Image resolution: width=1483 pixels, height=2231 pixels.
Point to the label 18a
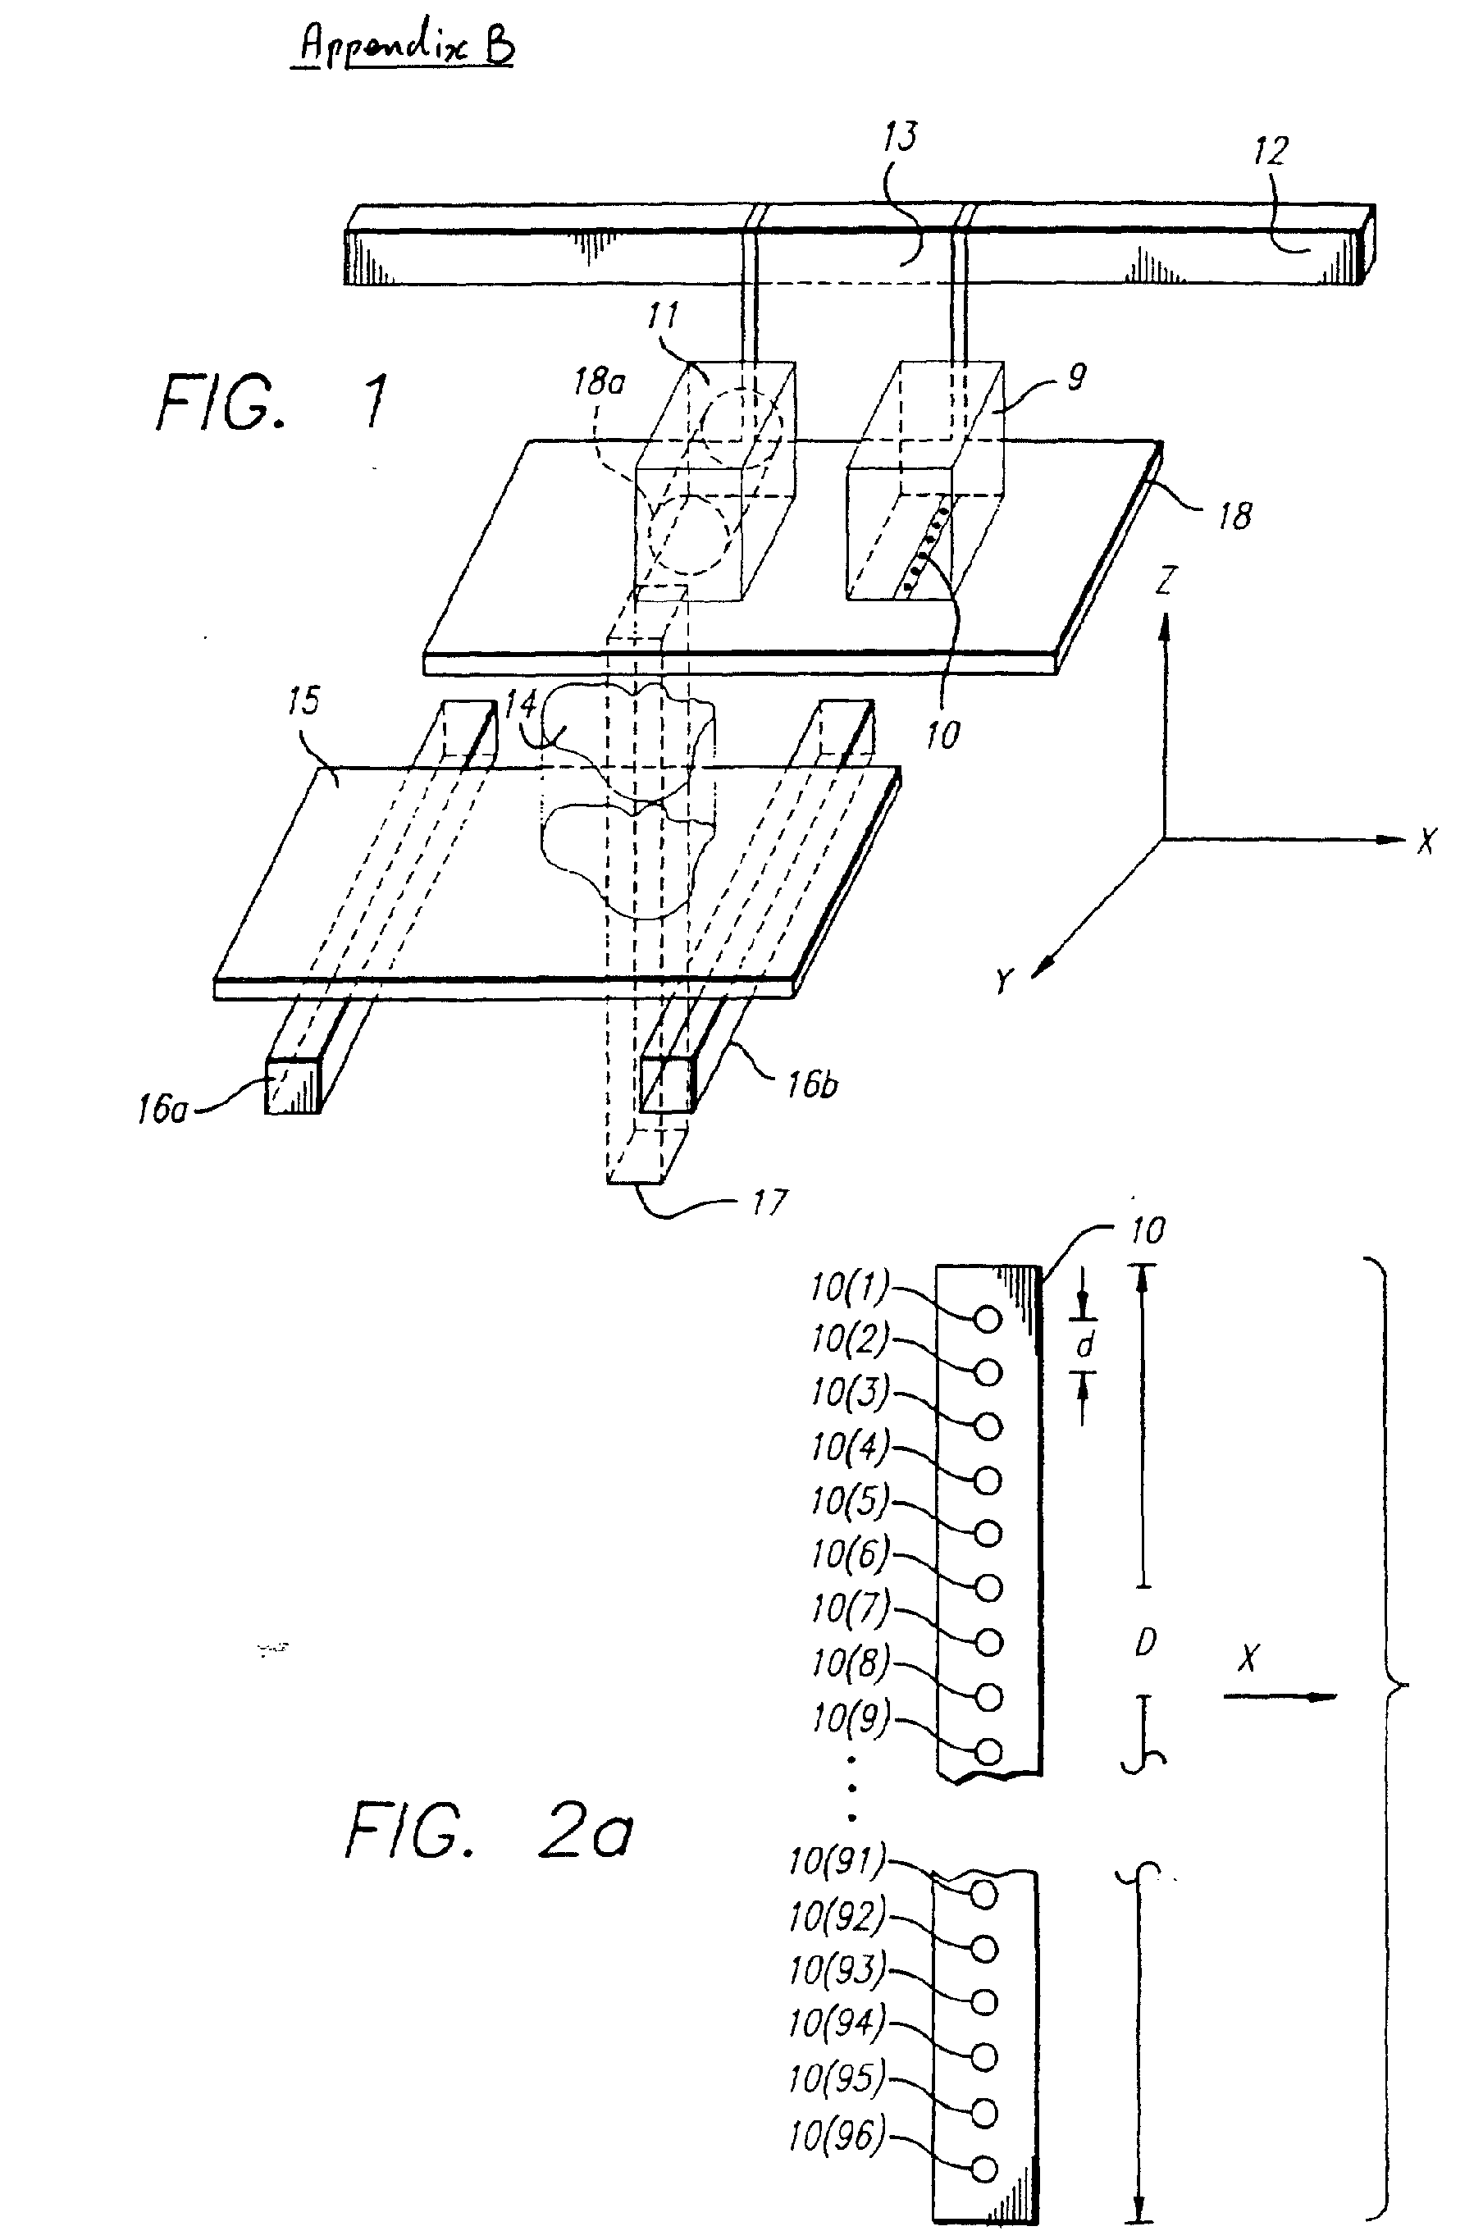tap(599, 383)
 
